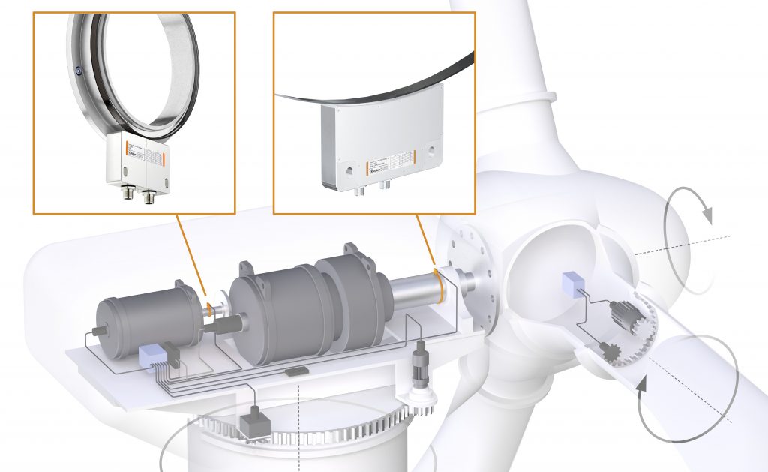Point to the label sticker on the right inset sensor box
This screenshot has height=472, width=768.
[x=389, y=162]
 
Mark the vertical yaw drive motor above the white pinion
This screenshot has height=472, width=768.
[x=420, y=356]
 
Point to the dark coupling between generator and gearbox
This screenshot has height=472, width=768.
[x=224, y=326]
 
